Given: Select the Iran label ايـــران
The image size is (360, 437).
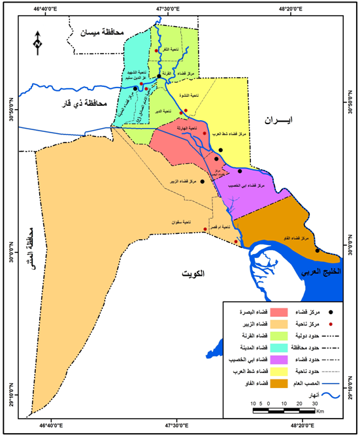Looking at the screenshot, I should coord(279,120).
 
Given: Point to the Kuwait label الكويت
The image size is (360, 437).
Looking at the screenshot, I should coord(193,275).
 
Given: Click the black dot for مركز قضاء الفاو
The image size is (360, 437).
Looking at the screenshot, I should coord(318,250).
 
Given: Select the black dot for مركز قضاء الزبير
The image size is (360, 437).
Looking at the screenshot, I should coord(202,182).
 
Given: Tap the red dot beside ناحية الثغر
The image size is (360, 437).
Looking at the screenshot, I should coord(157,51).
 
